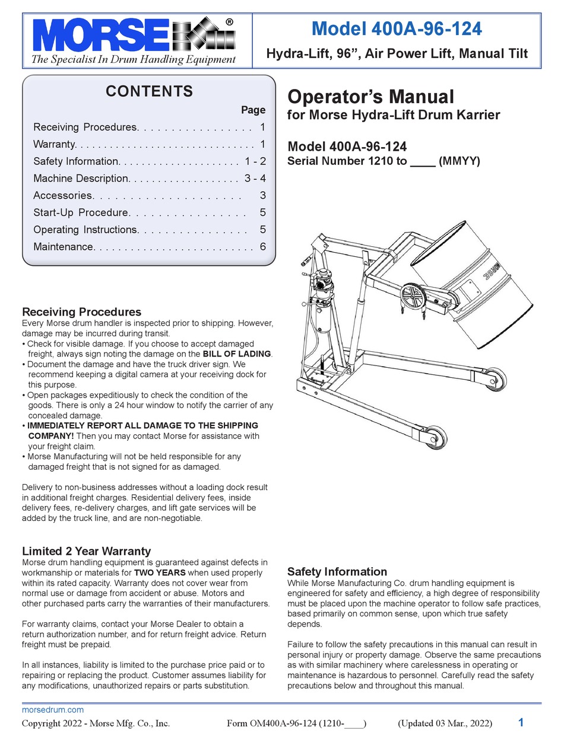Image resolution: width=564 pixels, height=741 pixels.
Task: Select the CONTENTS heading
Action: point(149,91)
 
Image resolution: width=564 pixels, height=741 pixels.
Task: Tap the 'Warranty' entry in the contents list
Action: point(54,144)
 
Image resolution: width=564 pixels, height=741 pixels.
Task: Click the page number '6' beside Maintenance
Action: point(262,247)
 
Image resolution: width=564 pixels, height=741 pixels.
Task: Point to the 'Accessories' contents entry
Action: point(63,195)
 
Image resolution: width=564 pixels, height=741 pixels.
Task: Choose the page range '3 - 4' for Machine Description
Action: point(255,178)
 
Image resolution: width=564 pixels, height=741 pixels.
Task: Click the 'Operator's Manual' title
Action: point(370,97)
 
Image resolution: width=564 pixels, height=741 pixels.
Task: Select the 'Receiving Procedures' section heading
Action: point(81,311)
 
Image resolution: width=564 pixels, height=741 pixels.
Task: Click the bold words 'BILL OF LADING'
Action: point(237,354)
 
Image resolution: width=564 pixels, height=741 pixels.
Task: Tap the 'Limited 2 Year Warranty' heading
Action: point(86,551)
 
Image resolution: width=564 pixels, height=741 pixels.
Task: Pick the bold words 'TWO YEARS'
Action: point(160,573)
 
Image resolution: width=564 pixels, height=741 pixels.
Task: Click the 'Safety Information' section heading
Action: point(337,571)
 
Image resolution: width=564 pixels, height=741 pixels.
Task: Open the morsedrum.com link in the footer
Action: point(52,710)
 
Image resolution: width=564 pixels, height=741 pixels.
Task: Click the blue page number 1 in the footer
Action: point(521,723)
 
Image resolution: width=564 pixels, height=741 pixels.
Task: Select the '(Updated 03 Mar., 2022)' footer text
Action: point(445,723)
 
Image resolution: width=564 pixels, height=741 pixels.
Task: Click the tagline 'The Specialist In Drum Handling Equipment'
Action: point(133,59)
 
